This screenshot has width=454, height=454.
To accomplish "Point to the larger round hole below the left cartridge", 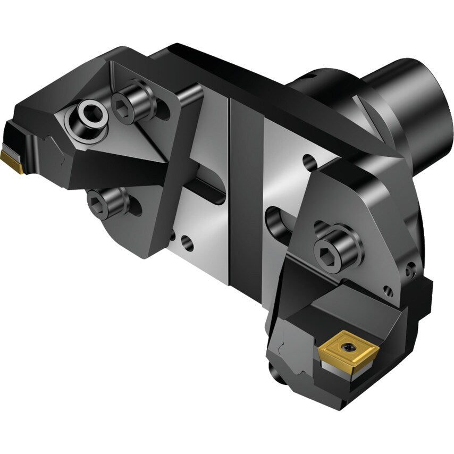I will (187, 244).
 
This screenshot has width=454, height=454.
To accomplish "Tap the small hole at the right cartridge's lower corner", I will (389, 291).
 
